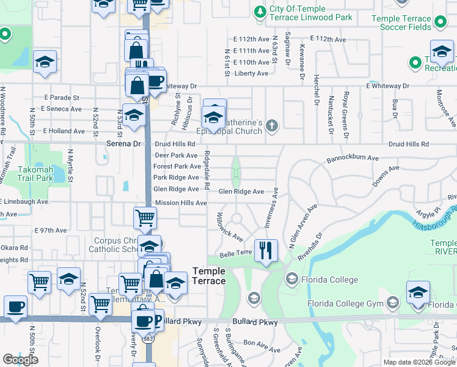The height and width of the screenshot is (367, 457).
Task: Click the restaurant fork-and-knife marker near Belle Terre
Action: pos(266,251)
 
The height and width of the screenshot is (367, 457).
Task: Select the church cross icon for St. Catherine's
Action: pos(272,127)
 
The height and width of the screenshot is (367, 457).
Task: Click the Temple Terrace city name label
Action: pos(209,276)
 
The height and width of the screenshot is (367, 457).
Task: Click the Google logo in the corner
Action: pos(20,360)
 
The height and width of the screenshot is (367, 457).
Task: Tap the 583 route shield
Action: pos(148,338)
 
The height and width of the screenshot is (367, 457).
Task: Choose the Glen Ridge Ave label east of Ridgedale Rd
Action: pos(241,191)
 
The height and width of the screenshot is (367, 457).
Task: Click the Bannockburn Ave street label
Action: pos(353,157)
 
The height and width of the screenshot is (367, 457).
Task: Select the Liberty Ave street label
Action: pos(251,73)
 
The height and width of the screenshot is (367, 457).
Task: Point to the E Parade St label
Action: pos(62,97)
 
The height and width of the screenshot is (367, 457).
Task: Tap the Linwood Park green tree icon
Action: pos(260,12)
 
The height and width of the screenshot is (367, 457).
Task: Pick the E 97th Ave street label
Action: pos(51,231)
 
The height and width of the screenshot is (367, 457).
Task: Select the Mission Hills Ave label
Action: pos(181,202)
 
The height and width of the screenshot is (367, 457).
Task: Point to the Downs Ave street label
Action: pos(386,175)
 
